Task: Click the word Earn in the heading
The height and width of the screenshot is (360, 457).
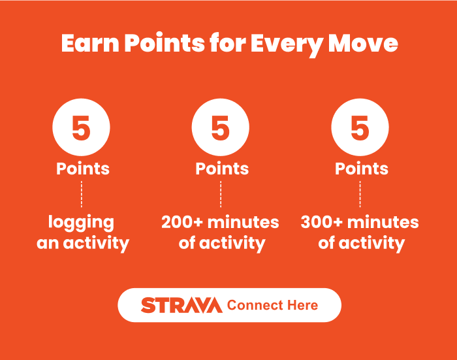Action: coord(90,43)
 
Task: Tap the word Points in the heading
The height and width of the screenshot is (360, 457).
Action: coord(165,43)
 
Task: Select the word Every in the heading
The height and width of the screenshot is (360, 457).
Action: coord(287,46)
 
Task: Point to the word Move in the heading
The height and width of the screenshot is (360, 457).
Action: coord(363,43)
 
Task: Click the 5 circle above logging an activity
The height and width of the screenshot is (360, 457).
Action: coord(82,127)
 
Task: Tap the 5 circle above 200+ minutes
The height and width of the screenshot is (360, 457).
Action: coord(221,127)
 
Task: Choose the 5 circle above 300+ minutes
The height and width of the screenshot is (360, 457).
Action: coord(360,127)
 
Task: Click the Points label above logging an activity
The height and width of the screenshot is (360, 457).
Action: coord(83,169)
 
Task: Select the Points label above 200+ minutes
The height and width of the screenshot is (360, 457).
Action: coord(222,169)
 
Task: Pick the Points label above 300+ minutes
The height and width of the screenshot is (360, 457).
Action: coord(362,169)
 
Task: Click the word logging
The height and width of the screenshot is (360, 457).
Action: coord(81,223)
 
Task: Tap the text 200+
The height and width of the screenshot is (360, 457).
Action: coord(182,222)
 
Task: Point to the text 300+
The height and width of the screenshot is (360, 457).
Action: coord(321,222)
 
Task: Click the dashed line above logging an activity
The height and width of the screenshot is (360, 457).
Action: coord(82,194)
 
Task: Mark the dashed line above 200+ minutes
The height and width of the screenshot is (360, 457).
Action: coord(221,194)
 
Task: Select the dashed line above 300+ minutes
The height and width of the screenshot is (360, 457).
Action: coord(360,194)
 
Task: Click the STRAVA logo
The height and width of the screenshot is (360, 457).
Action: coord(181,305)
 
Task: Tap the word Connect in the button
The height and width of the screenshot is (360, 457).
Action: coord(255,305)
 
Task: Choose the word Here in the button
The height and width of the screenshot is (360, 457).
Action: coord(302,305)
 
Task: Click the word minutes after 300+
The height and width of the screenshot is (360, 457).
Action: coord(383,222)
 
